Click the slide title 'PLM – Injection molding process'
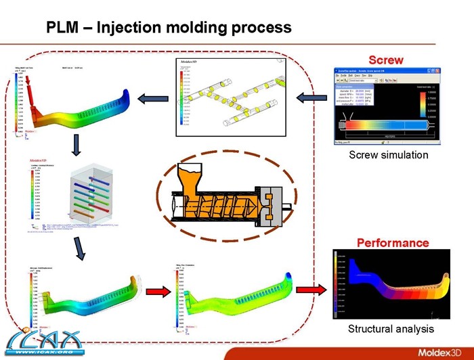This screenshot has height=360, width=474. point(169,28)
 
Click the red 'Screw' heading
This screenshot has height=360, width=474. point(385,60)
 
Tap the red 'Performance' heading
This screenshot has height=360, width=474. point(392,242)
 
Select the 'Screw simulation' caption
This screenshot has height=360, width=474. point(388,155)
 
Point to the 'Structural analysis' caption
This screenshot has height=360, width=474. point(390,329)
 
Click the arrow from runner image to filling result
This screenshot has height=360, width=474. point(153,100)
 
